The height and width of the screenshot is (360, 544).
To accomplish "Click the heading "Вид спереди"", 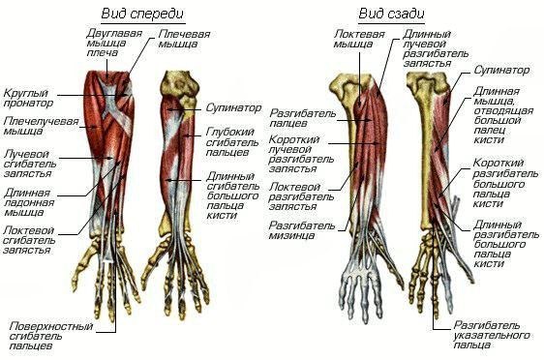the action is (x=142, y=15).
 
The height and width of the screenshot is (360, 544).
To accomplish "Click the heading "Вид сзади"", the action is (x=391, y=14).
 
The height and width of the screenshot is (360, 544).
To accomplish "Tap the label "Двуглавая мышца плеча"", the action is (x=114, y=43).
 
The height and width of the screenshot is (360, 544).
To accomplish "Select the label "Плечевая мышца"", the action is (x=184, y=39).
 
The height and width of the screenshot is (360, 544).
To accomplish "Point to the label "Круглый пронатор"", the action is (x=28, y=98).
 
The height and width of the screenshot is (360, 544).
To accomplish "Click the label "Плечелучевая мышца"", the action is (x=42, y=126).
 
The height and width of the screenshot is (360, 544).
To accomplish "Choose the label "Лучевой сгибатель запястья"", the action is (x=30, y=164).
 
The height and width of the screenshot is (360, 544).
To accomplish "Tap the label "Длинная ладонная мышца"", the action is (x=29, y=202).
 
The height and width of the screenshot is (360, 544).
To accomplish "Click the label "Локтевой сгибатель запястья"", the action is (x=29, y=240).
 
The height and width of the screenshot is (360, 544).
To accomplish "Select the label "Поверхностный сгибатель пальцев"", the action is (x=51, y=336).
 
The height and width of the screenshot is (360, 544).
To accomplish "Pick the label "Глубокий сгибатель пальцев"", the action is (x=232, y=142).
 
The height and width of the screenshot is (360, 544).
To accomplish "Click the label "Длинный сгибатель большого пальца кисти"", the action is (x=232, y=195).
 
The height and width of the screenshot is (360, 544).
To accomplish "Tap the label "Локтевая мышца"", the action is (x=359, y=39).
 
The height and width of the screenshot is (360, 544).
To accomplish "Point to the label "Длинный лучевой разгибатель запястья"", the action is (x=436, y=48).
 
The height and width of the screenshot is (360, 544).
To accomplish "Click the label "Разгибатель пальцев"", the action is (x=303, y=118).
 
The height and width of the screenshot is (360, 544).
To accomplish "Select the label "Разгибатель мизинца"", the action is (x=302, y=230).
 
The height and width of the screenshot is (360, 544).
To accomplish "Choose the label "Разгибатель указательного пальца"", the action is (x=492, y=336).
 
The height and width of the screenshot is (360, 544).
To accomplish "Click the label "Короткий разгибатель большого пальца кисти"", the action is (x=505, y=183).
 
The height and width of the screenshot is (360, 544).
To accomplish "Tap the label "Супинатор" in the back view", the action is (x=501, y=70).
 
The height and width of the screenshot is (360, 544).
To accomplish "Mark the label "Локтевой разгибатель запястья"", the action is (x=301, y=196).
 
